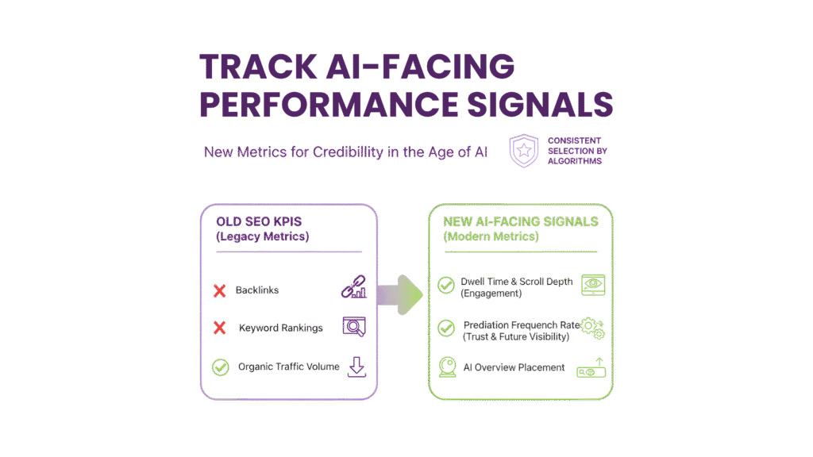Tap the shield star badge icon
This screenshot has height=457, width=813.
(523, 150)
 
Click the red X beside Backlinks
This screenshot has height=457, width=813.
(220, 291)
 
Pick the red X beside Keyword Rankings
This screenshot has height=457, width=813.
(220, 327)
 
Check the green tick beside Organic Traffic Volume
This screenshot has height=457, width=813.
(220, 367)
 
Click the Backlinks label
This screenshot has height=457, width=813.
(257, 291)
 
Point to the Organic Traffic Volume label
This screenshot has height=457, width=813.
(289, 367)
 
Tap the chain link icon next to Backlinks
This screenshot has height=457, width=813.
(353, 290)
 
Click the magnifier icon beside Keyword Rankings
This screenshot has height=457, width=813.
(353, 326)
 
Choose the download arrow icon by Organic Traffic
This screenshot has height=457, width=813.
(356, 367)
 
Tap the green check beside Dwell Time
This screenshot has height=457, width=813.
(446, 285)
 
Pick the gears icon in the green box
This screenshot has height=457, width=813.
(593, 328)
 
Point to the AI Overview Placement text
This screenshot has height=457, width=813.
(514, 367)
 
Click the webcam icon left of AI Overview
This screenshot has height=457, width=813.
(447, 367)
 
